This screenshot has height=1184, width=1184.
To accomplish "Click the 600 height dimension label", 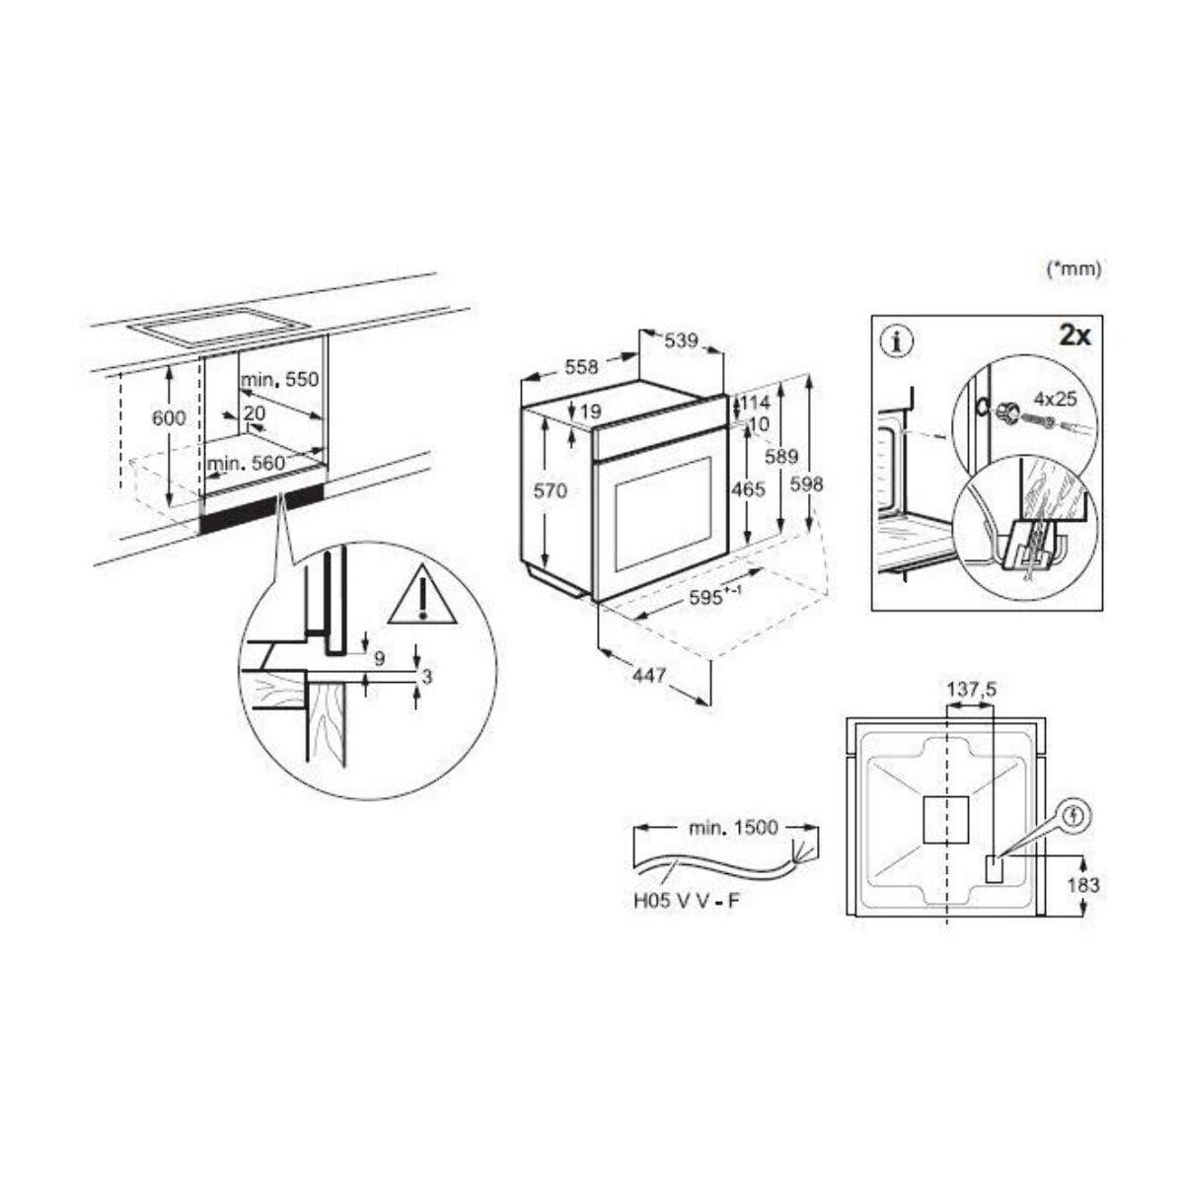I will (x=169, y=418).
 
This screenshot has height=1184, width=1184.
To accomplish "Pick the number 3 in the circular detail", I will (x=426, y=677).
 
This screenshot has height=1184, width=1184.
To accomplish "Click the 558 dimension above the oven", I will (x=581, y=367).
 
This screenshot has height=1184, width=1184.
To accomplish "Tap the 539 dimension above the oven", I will (x=680, y=340).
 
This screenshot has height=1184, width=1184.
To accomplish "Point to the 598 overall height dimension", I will (x=806, y=484).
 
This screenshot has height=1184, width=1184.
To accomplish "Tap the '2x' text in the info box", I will (x=1073, y=336).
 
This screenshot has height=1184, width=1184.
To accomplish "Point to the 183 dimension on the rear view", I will (x=1083, y=885).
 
